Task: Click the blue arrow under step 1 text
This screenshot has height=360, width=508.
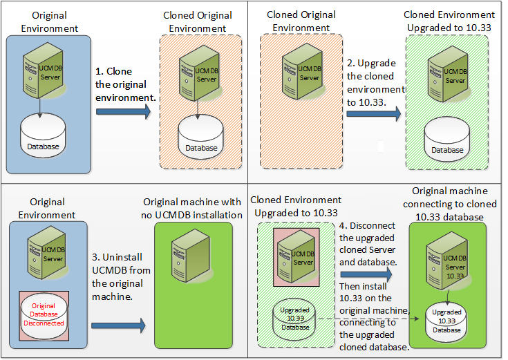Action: (123, 113)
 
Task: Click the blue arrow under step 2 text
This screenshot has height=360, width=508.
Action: (374, 113)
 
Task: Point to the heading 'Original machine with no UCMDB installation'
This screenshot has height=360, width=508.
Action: (192, 208)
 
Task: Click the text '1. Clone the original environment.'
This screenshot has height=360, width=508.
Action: (124, 85)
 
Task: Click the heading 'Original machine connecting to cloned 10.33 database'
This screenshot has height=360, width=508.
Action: (450, 204)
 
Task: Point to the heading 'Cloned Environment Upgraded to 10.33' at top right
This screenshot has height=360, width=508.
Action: (449, 21)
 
